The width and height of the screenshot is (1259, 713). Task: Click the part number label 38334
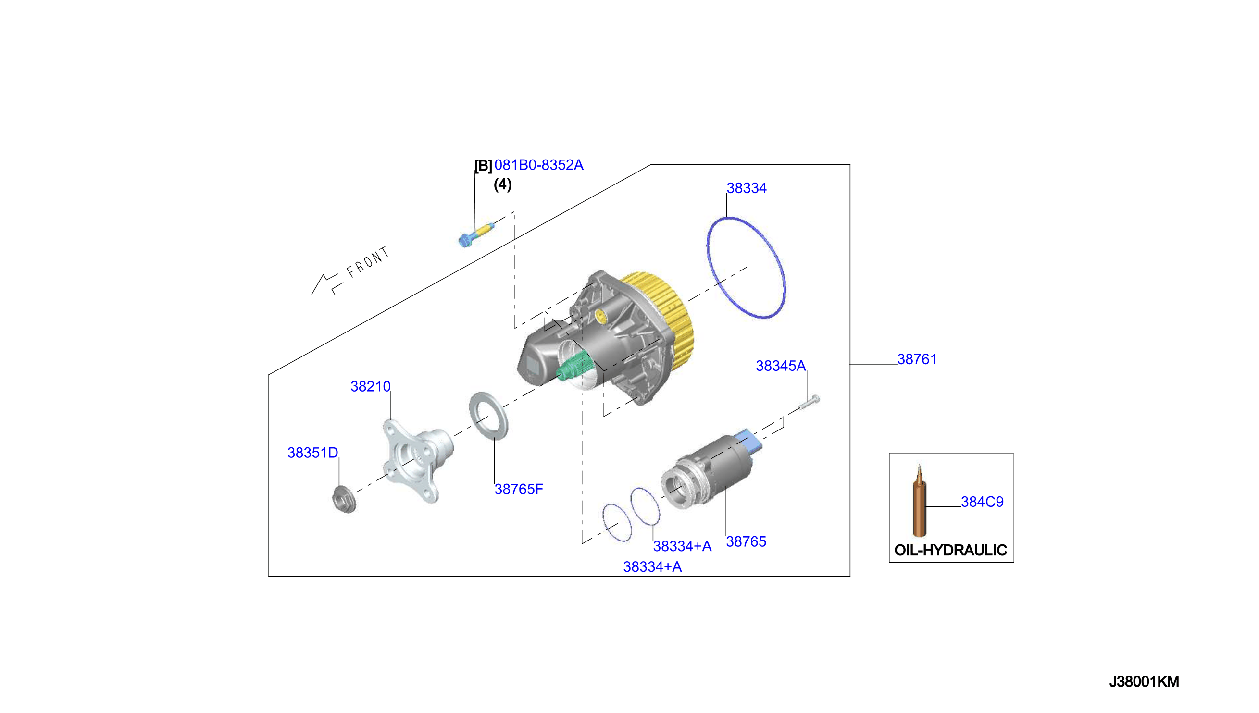[746, 188]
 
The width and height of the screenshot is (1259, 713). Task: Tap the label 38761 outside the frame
[917, 359]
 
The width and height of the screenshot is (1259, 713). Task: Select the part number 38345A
[781, 366]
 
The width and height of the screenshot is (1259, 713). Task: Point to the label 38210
[370, 386]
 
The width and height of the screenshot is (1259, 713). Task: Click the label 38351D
[312, 453]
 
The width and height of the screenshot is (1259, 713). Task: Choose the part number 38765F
[519, 489]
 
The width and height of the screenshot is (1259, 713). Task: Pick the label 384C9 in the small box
[982, 502]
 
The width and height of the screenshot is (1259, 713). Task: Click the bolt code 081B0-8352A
[539, 165]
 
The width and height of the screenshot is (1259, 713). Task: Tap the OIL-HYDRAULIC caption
[951, 550]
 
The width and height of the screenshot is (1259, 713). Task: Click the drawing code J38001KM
[1145, 682]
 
